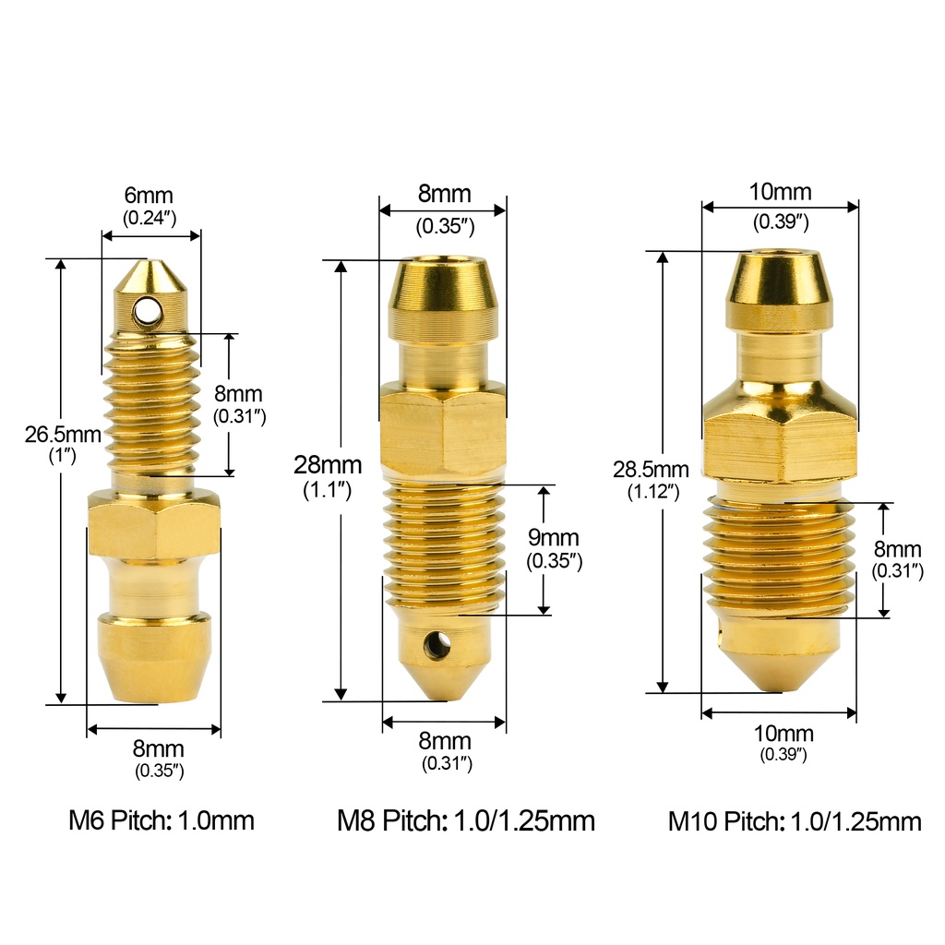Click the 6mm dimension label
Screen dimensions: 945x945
pyautogui.click(x=150, y=196)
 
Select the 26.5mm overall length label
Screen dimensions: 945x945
pyautogui.click(x=63, y=435)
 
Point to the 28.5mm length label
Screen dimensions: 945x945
pyautogui.click(x=651, y=469)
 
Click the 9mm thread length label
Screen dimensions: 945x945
pyautogui.click(x=554, y=538)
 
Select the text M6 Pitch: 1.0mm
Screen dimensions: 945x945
pyautogui.click(x=161, y=820)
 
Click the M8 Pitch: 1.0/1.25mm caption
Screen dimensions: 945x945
pyautogui.click(x=466, y=820)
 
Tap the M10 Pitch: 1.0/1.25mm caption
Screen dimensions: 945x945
pyautogui.click(x=795, y=821)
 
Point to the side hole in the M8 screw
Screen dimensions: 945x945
pyautogui.click(x=437, y=645)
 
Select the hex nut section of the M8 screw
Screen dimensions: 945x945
pyautogui.click(x=442, y=432)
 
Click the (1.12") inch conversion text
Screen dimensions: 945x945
pyautogui.click(x=651, y=492)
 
